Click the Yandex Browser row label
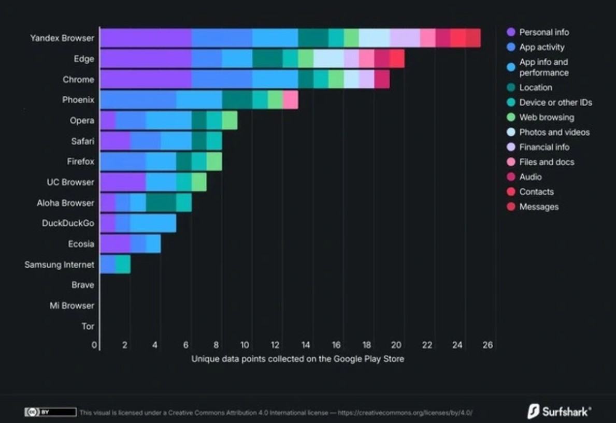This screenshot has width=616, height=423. tap(62, 38)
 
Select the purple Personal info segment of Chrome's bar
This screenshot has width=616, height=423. tap(146, 79)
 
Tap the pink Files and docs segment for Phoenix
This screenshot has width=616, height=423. tap(290, 99)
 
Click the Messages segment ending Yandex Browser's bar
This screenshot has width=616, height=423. tap(473, 38)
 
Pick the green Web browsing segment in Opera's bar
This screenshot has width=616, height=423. tap(230, 120)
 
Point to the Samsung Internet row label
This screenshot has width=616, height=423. tap(59, 265)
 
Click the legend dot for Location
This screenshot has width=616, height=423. tap(511, 87)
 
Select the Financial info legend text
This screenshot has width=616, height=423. tap(544, 147)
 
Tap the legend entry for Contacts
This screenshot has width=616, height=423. tap(536, 192)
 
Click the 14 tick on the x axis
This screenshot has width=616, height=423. tap(306, 345)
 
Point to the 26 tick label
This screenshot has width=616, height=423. tap(488, 345)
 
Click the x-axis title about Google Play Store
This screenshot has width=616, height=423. tap(297, 358)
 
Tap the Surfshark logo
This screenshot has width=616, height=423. tap(559, 412)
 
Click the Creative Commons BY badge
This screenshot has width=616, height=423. tap(50, 412)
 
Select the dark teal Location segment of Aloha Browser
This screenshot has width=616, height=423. tap(161, 202)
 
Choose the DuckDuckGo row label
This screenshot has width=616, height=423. tap(68, 223)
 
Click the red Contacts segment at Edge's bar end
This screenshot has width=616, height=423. tap(397, 59)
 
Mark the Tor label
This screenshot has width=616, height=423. tap(88, 326)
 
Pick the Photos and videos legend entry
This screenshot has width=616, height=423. tap(554, 132)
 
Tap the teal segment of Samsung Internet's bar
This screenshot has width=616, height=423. tap(123, 265)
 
